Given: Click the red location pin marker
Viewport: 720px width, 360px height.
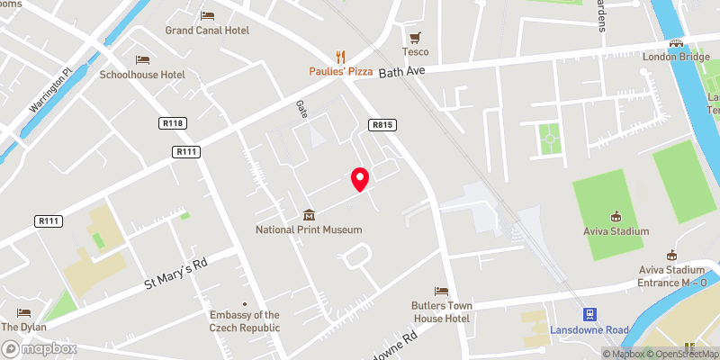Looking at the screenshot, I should click(360, 178).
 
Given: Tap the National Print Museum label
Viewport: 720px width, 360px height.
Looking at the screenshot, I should click(309, 229).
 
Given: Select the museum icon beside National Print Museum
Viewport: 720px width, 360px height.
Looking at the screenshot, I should click(309, 215).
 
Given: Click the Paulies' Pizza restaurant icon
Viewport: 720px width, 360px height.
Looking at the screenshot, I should click(340, 56).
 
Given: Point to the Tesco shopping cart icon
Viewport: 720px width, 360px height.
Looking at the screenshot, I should click(415, 37).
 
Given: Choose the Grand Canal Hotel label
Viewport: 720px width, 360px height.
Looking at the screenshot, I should click(207, 30).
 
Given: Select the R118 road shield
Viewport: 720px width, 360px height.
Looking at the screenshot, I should click(173, 123).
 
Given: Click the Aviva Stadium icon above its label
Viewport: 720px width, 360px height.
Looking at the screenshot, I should click(616, 216).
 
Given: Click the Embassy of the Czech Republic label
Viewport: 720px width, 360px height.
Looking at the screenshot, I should click(244, 321).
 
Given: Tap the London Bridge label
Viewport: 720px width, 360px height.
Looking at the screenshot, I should click(676, 56).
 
